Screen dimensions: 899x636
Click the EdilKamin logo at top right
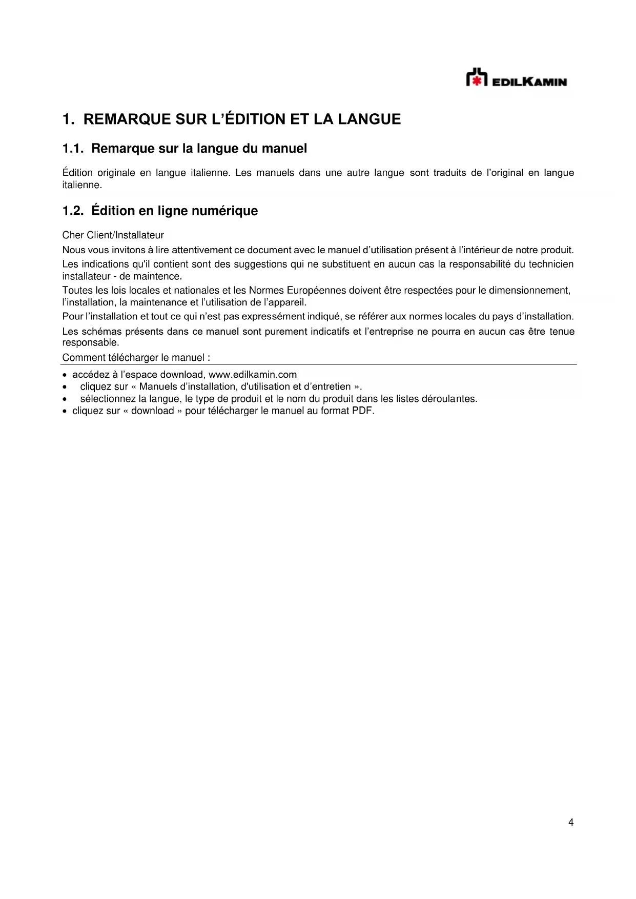pos(516,78)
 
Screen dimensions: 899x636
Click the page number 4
pos(571,823)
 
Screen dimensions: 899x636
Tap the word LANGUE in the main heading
pos(369,119)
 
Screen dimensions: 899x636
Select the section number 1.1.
pos(73,149)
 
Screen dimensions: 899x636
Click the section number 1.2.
pos(73,211)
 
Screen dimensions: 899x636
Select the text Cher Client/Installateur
pos(113,235)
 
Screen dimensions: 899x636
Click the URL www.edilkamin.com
pos(253,375)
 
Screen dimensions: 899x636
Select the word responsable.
pos(90,342)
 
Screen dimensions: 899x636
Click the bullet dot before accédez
pos(65,375)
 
